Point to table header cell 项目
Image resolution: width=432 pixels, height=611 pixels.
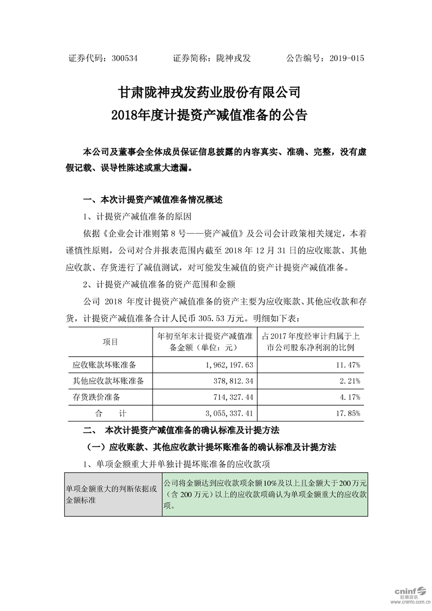pos(110,341)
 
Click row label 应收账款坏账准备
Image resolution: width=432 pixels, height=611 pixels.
pos(104,363)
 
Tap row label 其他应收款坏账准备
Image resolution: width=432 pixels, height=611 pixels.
pos(108,381)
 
